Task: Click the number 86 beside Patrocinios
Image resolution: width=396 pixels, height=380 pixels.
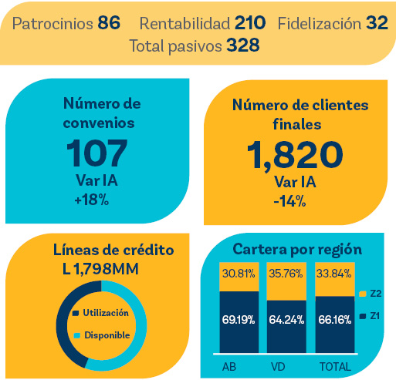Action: (110, 23)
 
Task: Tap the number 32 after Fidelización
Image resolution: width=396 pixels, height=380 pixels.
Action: (377, 23)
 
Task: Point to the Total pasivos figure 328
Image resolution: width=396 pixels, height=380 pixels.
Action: (242, 45)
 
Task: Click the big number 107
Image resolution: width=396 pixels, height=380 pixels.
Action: (96, 153)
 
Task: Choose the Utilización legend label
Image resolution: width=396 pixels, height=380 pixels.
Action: (104, 313)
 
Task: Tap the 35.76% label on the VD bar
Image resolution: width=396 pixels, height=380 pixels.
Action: (285, 273)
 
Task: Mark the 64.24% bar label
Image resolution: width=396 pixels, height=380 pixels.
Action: (285, 320)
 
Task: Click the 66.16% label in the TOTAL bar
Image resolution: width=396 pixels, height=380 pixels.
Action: (333, 320)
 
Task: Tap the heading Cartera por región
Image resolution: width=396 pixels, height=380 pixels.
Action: (297, 250)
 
